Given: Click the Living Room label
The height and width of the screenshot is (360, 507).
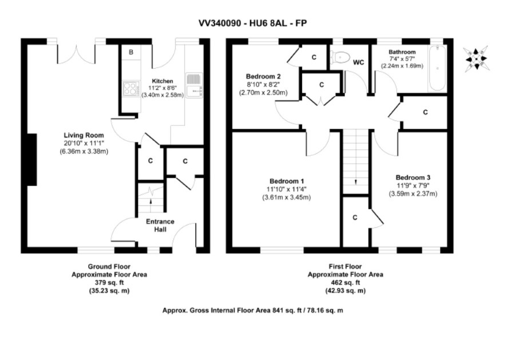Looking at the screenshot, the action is coord(84,135).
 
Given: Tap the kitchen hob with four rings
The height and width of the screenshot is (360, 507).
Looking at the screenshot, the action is coord(131,89).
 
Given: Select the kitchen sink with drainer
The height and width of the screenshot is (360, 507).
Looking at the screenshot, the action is coord(195,85).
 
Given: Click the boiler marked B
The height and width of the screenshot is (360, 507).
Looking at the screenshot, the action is coord(131,52).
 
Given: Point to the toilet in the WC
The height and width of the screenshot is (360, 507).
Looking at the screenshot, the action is coord(340,58).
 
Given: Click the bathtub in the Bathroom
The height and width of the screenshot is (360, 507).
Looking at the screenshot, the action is coord(437,69).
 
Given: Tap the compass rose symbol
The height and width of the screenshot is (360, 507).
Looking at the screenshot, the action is coord(476,59).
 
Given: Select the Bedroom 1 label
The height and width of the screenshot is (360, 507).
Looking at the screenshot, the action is coord(287,181).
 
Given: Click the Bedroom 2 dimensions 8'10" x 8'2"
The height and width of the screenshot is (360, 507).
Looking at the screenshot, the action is coord(263,85).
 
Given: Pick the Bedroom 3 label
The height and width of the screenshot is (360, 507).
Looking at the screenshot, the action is coord(413,177).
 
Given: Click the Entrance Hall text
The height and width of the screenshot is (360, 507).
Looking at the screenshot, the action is coord(160,226).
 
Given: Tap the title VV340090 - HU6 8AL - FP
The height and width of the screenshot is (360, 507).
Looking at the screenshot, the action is coord(252,23).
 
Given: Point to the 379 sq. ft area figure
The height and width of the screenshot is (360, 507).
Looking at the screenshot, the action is coord(109,282).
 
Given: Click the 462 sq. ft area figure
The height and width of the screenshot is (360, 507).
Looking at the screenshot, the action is coord(345,282).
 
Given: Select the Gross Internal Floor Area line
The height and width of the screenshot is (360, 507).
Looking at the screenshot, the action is coord(252,311).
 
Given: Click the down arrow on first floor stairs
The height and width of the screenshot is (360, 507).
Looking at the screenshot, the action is coord(356,182).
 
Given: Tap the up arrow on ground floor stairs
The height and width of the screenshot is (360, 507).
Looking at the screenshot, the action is coord(150,201).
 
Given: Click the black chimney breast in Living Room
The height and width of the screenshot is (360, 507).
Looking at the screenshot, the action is coord(31,160).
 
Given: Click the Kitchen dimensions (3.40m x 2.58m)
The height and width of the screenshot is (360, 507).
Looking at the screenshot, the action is coord(163,95).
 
